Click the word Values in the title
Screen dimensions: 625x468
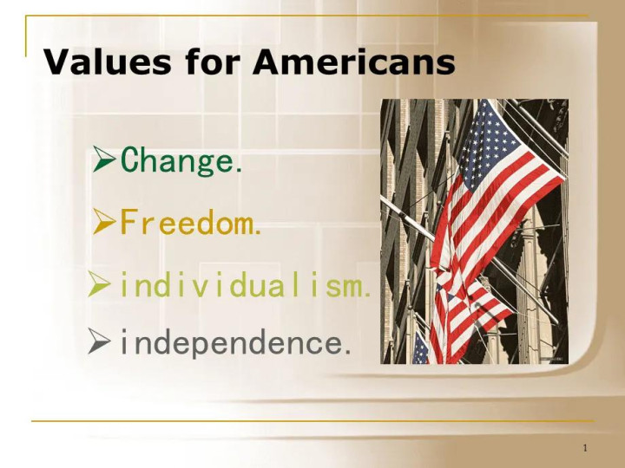point(108,62)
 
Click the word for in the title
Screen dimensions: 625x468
point(213,62)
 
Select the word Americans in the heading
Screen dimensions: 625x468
point(354,62)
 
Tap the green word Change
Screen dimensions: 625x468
point(181,161)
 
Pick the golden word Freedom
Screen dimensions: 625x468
point(190,222)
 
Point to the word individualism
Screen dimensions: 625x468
point(245,284)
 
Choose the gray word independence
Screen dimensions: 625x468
point(235,342)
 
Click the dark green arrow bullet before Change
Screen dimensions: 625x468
point(103,159)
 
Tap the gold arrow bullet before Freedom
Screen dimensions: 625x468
point(103,221)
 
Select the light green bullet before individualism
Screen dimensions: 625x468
point(99,283)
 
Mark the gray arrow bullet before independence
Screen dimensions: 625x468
point(99,341)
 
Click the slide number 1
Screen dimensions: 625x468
point(585,448)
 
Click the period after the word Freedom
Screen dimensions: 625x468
point(258,231)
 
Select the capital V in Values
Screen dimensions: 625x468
point(57,62)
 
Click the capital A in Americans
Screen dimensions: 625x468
point(268,62)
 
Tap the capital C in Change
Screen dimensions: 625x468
point(128,159)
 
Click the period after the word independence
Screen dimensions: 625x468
point(347,352)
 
